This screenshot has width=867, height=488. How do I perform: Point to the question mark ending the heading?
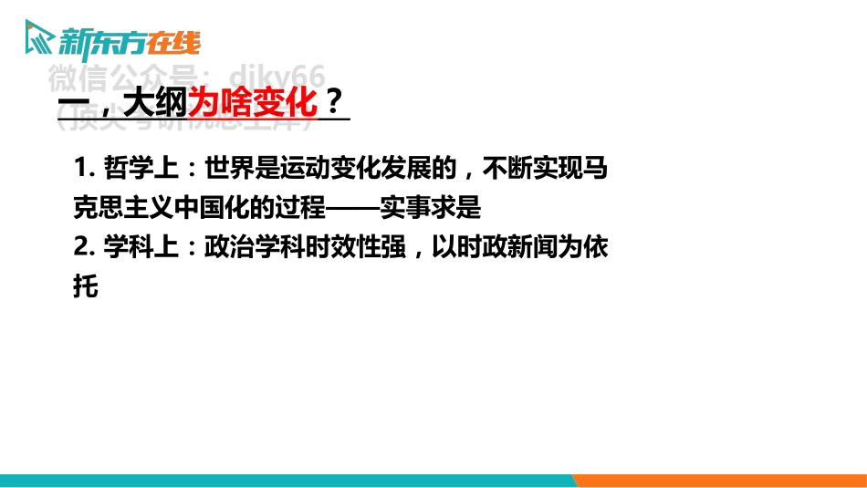point(334,100)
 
